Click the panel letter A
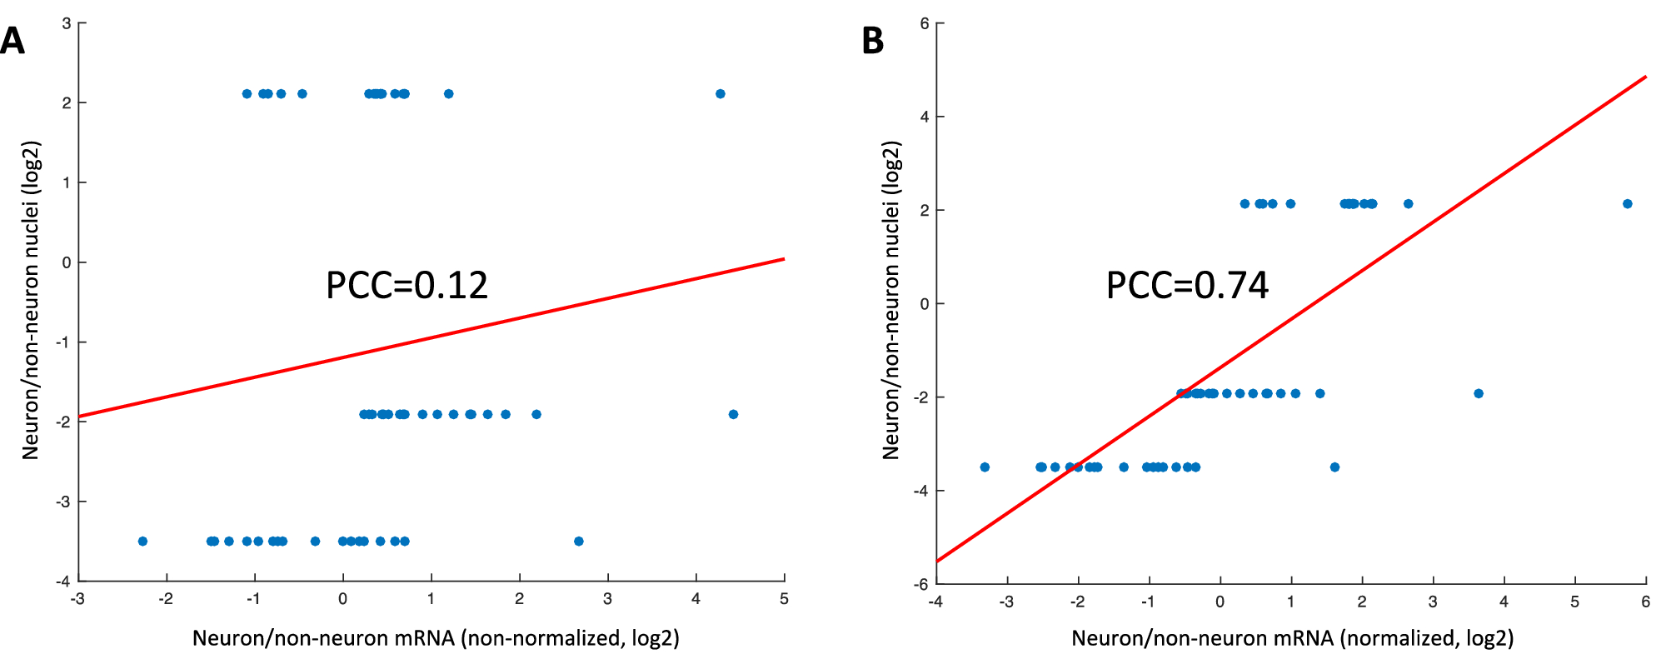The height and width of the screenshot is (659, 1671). point(12,41)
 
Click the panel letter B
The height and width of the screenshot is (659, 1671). point(872,41)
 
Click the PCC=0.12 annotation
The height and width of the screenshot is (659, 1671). point(407,286)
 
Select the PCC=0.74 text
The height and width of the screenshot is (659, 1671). point(1186,286)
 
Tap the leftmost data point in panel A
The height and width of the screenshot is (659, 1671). point(142,542)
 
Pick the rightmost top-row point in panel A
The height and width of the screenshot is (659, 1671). point(721,94)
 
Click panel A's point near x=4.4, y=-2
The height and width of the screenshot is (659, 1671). point(733,414)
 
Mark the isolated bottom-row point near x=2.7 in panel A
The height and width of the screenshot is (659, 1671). point(579,542)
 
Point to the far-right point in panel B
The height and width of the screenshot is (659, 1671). point(1627,204)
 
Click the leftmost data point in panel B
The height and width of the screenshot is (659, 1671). point(985,467)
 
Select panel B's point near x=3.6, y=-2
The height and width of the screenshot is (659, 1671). point(1479,393)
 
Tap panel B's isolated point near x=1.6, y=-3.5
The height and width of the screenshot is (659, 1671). point(1334,467)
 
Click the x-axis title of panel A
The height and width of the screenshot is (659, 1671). point(436,638)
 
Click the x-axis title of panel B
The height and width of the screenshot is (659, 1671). point(1292,638)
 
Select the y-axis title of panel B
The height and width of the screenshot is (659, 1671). point(891,300)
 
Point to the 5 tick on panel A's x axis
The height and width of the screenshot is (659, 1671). point(784,599)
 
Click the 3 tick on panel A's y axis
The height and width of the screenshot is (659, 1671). point(67,23)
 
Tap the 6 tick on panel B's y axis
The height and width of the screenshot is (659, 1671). point(925,23)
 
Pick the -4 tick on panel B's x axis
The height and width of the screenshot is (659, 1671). point(935,602)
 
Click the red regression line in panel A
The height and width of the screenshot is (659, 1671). point(433,337)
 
